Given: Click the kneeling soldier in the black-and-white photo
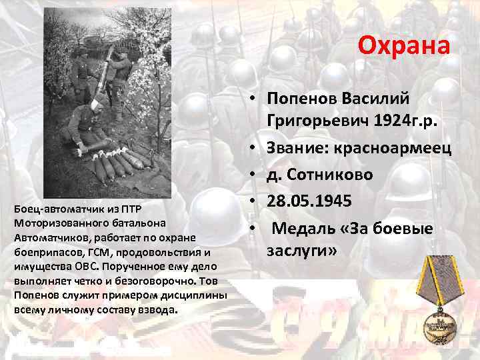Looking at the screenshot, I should point(81,130).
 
